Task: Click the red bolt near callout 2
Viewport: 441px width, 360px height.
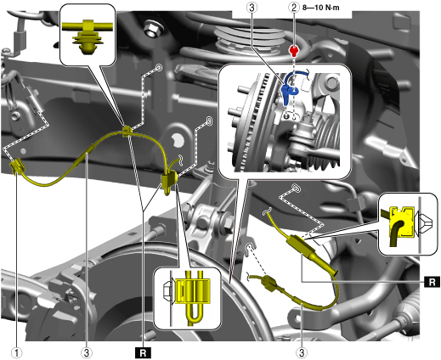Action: [x=295, y=51]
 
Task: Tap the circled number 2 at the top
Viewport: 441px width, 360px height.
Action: [x=294, y=8]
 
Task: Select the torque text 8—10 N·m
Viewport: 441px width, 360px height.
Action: [x=320, y=8]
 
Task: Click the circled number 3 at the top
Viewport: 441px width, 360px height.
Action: [x=252, y=8]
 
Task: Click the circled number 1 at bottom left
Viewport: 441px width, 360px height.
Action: [x=17, y=352]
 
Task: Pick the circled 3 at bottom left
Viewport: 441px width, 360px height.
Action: [x=87, y=352]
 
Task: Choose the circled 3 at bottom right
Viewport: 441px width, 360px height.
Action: [x=302, y=352]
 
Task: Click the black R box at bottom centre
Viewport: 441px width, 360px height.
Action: [x=144, y=352]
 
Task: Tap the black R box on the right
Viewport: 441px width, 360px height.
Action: [x=432, y=282]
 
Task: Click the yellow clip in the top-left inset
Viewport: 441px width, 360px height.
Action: [x=88, y=37]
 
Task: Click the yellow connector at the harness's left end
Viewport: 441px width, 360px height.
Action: [x=18, y=167]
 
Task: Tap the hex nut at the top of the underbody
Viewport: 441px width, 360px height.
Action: [x=153, y=28]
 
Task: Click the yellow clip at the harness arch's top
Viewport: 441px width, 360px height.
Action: [x=127, y=131]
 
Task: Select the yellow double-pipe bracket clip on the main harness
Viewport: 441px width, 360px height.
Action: [x=169, y=181]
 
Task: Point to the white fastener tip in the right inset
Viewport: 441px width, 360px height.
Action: [x=424, y=222]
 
